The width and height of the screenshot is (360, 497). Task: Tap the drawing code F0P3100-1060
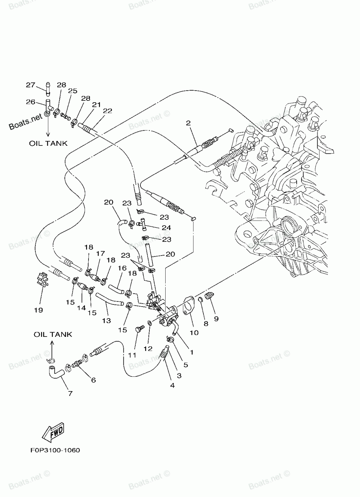[x=53, y=450]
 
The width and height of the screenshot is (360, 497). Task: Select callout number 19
[x=39, y=310]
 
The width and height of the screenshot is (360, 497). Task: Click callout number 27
[x=30, y=85]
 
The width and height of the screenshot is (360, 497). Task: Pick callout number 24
[x=166, y=228]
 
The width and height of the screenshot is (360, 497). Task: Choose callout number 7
[x=70, y=393]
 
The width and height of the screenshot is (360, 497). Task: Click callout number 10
[x=194, y=333]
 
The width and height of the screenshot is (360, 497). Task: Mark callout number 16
[x=122, y=268]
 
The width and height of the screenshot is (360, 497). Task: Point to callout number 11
[x=132, y=355]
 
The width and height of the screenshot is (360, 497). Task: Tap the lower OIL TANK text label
[x=53, y=334]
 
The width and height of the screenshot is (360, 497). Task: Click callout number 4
[x=172, y=385]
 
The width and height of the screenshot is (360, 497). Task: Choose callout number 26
[x=30, y=102]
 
